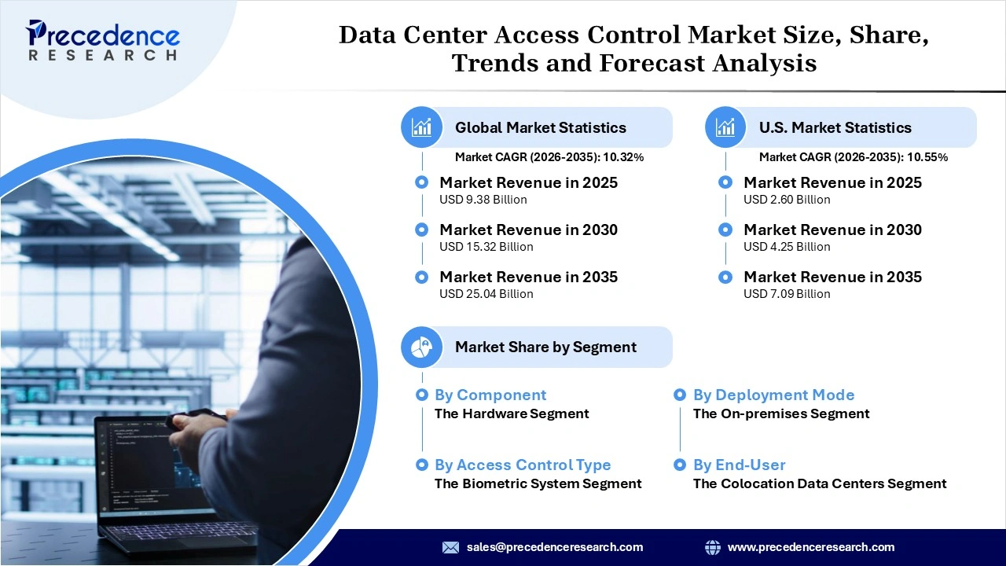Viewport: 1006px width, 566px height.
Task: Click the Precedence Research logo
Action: coord(103,39)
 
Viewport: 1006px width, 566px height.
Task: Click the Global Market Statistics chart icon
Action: coord(422,127)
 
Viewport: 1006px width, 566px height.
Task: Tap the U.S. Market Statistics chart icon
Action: coord(725,127)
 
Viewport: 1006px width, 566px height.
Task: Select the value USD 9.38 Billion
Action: coord(483,200)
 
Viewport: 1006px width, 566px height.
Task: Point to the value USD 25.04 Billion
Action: coord(486,294)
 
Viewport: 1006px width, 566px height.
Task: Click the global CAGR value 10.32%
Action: coord(623,157)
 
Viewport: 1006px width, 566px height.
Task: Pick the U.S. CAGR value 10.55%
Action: coord(927,157)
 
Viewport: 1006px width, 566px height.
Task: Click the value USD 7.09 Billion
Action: coord(787,294)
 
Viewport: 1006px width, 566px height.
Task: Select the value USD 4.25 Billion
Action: coord(787,247)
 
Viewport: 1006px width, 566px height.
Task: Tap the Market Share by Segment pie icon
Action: coord(422,347)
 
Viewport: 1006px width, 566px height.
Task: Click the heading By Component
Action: coord(490,395)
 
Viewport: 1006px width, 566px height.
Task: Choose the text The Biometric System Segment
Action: coord(538,483)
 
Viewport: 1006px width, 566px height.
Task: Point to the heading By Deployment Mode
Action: coord(773,395)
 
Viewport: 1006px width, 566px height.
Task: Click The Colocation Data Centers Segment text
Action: coord(820,483)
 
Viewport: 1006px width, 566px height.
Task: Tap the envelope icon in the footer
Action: coord(450,547)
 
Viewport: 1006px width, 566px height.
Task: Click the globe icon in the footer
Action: coord(713,547)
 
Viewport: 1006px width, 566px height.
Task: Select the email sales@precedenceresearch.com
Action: coord(555,547)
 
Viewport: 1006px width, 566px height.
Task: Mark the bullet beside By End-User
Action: coord(680,465)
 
